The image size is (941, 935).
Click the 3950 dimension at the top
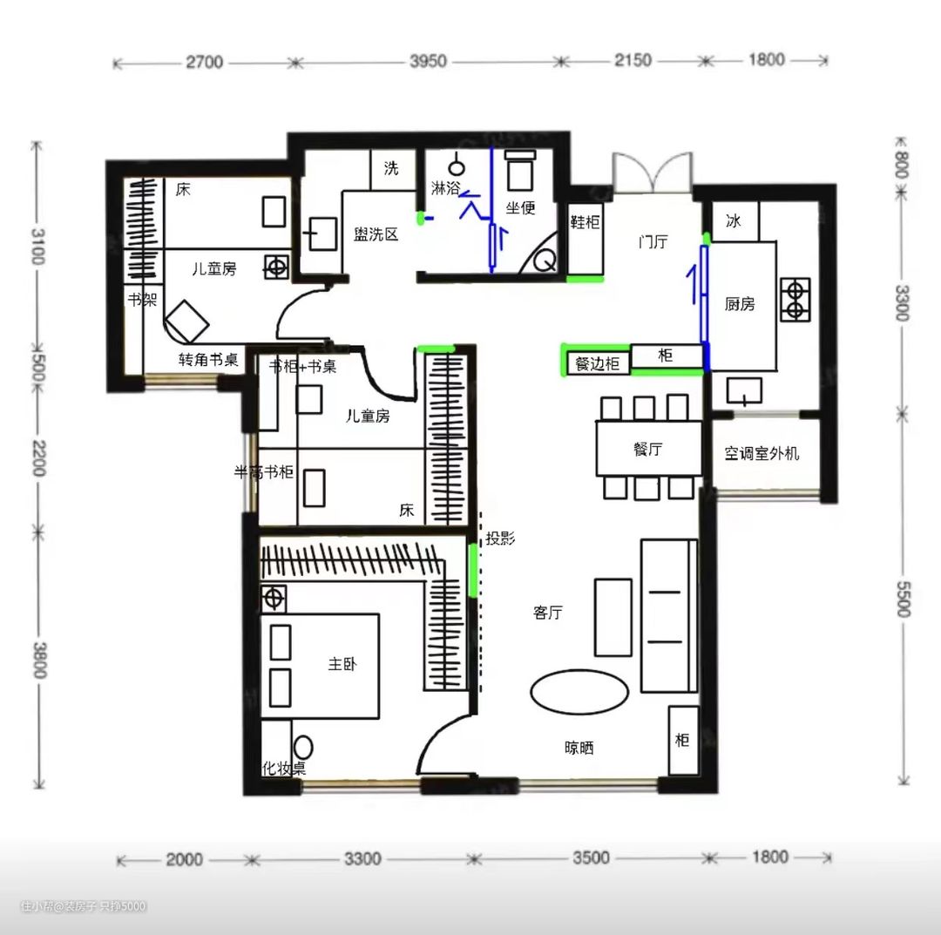[428, 61]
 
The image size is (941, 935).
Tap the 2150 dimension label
[633, 60]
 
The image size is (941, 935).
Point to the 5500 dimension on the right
[904, 599]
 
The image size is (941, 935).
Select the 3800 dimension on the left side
[39, 660]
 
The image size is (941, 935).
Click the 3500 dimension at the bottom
[591, 857]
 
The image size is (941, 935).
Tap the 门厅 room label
[653, 242]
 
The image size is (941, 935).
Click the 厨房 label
[740, 304]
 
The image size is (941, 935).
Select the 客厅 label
[548, 612]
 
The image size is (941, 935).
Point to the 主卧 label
[342, 663]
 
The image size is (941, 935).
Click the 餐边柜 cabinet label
[597, 363]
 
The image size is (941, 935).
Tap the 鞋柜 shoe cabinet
[586, 222]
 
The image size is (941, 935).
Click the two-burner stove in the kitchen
[795, 300]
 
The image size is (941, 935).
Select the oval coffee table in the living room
[579, 692]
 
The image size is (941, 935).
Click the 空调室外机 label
[762, 453]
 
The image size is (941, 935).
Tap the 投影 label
[500, 539]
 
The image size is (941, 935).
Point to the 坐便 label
[520, 207]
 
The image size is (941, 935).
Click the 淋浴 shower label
[445, 188]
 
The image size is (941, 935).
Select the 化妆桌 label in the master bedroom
[284, 769]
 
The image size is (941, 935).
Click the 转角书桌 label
[208, 360]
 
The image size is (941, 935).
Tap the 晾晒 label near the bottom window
[579, 748]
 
